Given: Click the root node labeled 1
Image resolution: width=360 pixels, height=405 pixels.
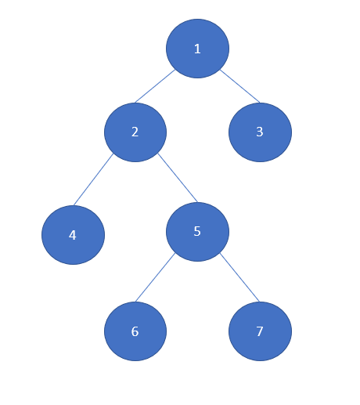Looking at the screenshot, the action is [197, 49].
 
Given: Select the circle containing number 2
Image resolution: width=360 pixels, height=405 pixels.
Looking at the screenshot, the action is [135, 132].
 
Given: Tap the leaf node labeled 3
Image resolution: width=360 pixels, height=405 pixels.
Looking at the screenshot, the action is [260, 132].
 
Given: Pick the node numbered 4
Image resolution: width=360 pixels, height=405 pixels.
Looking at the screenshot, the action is [73, 235].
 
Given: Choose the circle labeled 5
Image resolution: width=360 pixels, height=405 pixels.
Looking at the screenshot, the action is [197, 232].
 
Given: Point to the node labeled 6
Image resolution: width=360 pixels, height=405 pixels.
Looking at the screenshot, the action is [135, 331].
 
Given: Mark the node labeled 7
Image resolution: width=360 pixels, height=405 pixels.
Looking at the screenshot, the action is [260, 331].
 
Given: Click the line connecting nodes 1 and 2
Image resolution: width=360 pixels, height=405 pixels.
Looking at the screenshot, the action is [155, 86].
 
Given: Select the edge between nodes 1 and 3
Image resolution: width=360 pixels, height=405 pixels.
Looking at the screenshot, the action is [239, 86].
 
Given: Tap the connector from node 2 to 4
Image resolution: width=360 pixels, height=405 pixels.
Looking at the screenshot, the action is [93, 179].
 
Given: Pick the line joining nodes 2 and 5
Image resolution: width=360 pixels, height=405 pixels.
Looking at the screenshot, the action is [178, 178].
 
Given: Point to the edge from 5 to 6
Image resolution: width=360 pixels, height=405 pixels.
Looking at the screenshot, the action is [155, 277].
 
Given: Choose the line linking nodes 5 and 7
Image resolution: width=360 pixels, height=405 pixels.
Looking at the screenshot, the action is [239, 277].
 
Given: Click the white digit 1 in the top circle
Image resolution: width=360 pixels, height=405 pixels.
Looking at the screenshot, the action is [197, 49].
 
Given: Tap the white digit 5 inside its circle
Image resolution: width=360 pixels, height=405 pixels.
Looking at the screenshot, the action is [197, 231].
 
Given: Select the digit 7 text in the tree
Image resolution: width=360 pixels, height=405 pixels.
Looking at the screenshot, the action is [260, 331].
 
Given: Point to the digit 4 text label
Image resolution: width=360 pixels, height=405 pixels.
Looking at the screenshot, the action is [73, 235].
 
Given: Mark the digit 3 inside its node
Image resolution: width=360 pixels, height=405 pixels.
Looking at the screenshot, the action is [260, 132].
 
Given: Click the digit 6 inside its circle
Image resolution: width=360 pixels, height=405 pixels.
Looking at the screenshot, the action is [135, 331].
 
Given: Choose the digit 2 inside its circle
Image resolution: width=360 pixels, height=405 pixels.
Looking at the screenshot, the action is [135, 132].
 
